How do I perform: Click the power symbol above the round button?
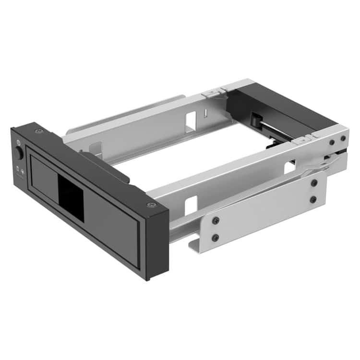18,142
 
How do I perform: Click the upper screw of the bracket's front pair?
216,220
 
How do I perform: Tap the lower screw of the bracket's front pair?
216,237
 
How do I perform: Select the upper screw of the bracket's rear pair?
314,183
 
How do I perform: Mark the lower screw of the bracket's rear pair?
313,199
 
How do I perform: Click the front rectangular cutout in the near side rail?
191,205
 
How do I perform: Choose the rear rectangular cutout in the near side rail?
289,168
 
